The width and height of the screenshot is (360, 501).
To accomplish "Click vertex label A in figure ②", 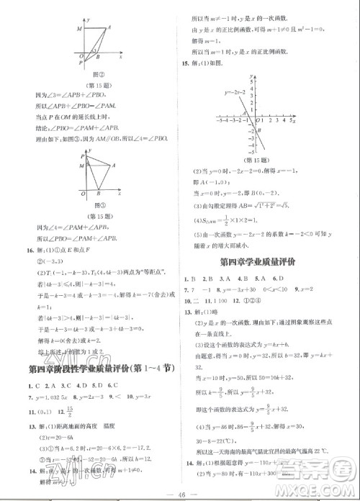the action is [x=109, y=27].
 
